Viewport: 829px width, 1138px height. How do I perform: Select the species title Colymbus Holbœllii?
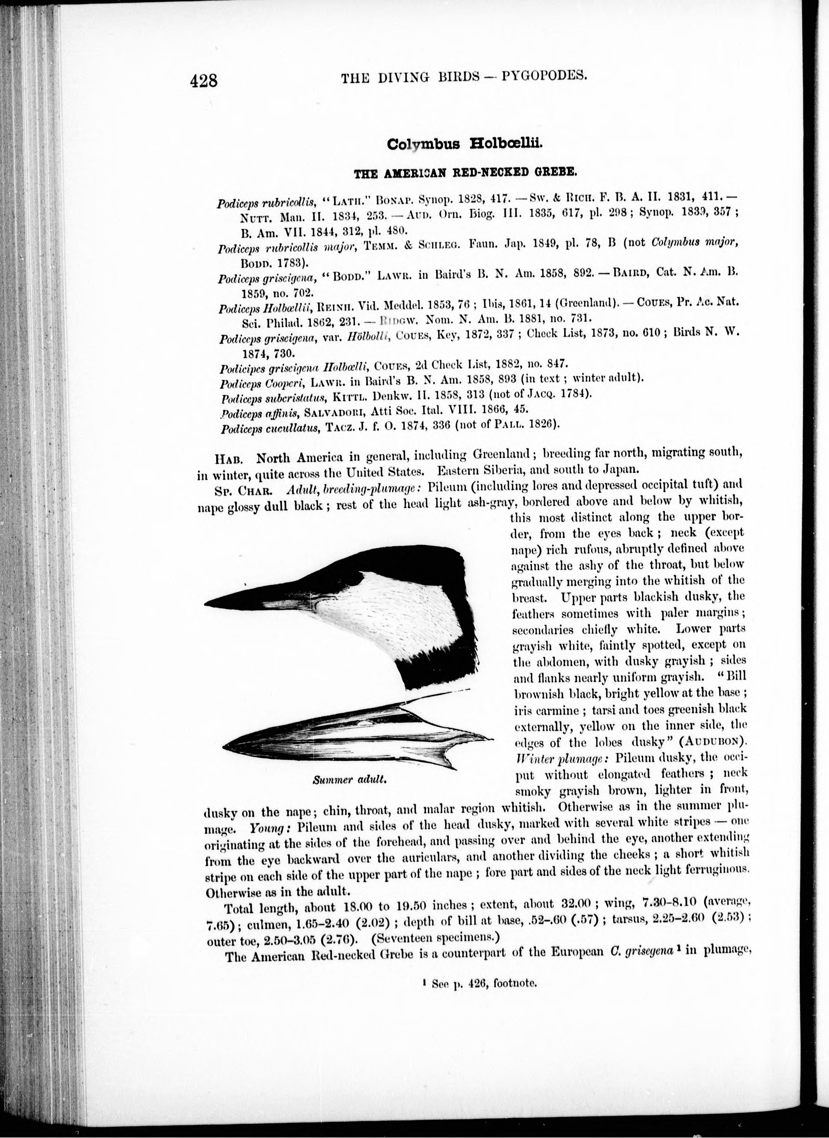pos(465,144)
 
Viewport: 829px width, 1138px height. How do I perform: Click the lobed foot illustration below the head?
pos(351,733)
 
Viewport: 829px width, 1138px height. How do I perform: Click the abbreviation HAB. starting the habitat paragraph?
pos(229,459)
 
